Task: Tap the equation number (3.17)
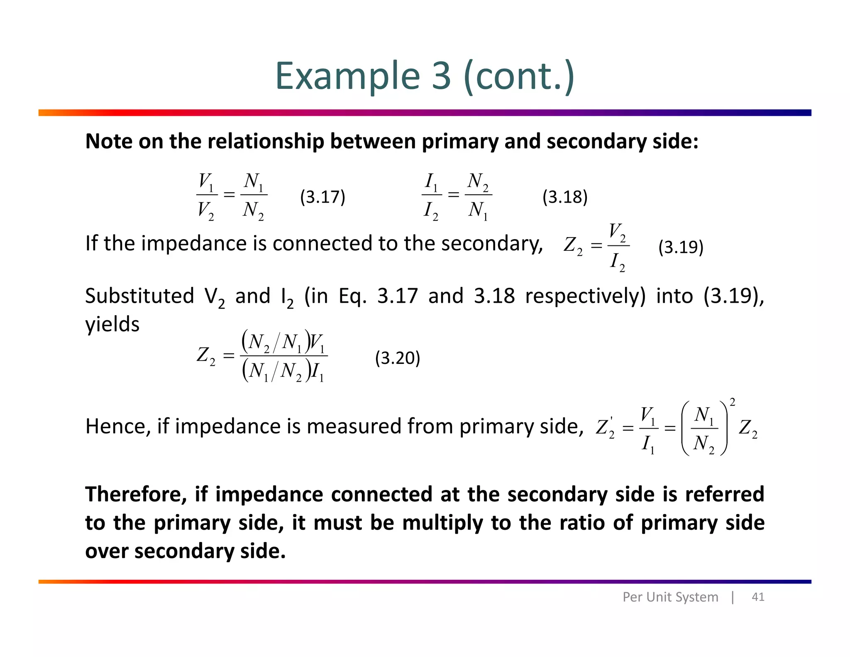tap(322, 197)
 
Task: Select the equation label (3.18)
tap(565, 197)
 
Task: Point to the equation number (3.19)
tap(681, 247)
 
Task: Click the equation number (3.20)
tap(397, 358)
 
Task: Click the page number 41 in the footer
tap(758, 597)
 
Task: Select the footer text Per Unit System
tap(670, 597)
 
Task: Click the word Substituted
tap(139, 296)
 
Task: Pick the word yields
tap(112, 324)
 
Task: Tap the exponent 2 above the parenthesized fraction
tap(733, 402)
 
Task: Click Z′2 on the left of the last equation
tap(605, 427)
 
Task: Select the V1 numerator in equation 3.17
tap(206, 181)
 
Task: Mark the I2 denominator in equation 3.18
tap(430, 210)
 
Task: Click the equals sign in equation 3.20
tap(228, 356)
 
